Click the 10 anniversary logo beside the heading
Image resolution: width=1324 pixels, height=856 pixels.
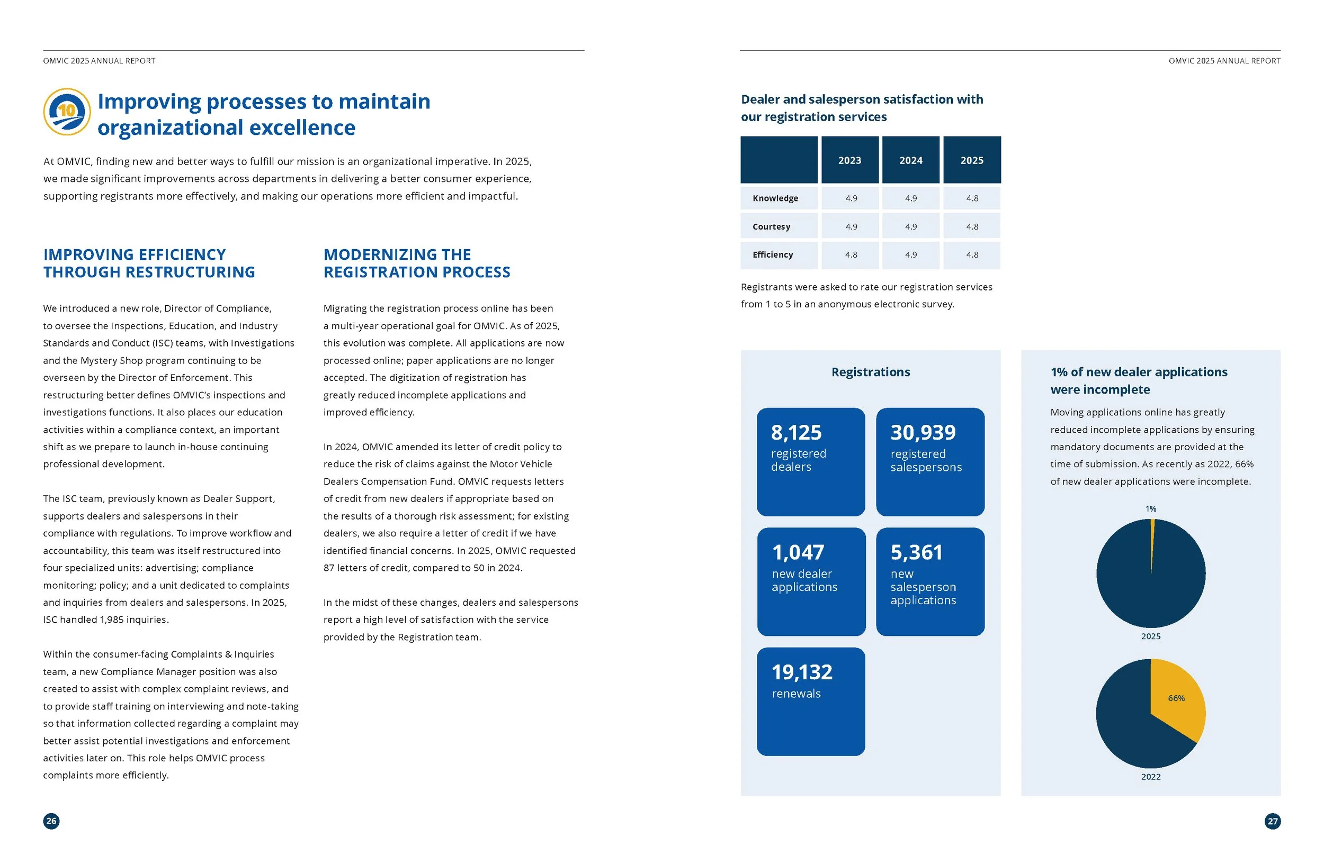click(x=67, y=112)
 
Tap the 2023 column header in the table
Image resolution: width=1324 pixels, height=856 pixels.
click(x=849, y=160)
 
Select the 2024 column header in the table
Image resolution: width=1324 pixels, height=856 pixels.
click(x=911, y=160)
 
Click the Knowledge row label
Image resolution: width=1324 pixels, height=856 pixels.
click(x=775, y=198)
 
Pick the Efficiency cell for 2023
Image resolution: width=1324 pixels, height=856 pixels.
click(x=851, y=255)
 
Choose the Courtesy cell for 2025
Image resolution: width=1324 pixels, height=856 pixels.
click(x=972, y=227)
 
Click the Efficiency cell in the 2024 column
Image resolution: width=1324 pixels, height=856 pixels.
click(x=911, y=255)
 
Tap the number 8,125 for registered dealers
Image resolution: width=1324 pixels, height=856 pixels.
click(x=796, y=432)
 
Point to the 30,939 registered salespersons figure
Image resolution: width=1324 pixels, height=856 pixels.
click(x=923, y=432)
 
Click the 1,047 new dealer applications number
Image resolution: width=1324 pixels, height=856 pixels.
click(x=798, y=552)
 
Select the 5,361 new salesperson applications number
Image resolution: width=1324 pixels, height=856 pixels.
click(x=916, y=552)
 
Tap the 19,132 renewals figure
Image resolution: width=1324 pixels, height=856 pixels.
click(x=802, y=672)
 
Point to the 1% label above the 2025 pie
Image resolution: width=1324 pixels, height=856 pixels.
click(x=1150, y=508)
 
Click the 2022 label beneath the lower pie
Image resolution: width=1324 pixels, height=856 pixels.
click(x=1150, y=777)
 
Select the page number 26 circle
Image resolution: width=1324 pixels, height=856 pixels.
click(x=51, y=821)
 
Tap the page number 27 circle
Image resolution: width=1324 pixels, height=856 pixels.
click(x=1272, y=821)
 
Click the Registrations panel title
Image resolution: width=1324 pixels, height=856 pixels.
click(x=871, y=372)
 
